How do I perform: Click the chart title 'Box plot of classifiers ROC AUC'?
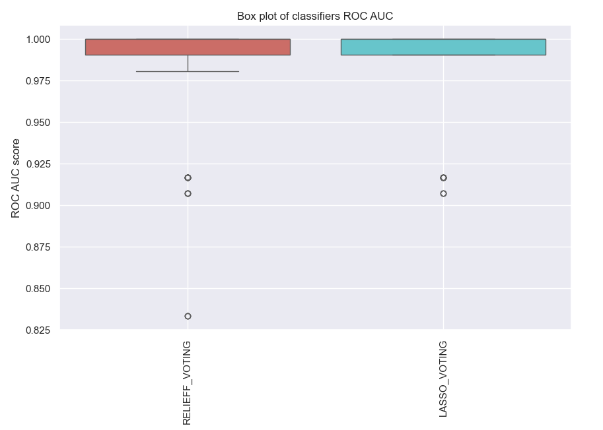click(315, 16)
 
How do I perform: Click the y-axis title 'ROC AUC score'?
click(16, 177)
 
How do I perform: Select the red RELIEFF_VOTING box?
click(188, 47)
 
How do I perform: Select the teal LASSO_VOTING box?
click(443, 47)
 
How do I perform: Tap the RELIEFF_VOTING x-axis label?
click(187, 383)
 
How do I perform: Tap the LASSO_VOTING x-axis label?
click(443, 379)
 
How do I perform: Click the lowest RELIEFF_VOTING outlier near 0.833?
click(188, 317)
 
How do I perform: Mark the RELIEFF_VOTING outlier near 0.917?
click(188, 178)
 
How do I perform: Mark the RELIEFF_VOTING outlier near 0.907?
click(188, 193)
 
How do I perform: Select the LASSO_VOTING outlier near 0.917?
click(443, 178)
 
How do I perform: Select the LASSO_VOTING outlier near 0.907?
click(443, 193)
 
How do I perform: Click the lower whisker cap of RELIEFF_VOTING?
click(188, 71)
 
